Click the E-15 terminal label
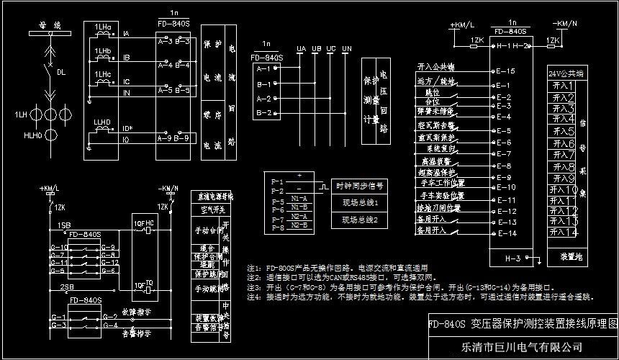[x=505, y=72]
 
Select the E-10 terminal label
[x=505, y=188]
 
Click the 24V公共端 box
[x=565, y=73]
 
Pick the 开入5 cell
[x=563, y=132]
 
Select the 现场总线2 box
[x=360, y=219]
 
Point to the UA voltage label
[x=301, y=48]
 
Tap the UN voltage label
[x=346, y=48]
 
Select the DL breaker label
[x=61, y=72]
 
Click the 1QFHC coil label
[x=143, y=222]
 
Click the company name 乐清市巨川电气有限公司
[x=521, y=348]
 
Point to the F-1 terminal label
[x=277, y=181]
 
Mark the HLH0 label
[x=32, y=135]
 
